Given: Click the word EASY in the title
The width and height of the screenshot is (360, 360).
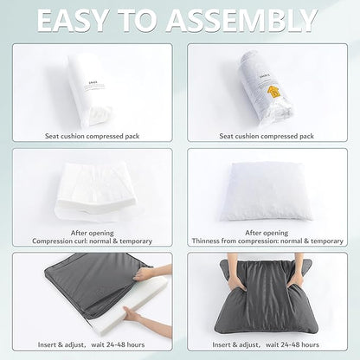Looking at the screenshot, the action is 72,21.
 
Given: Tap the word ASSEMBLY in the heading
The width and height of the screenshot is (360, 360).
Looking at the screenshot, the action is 241,21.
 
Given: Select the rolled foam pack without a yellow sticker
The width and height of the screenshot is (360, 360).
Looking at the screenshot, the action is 90,91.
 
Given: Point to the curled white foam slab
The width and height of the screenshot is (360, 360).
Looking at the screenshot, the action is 95,191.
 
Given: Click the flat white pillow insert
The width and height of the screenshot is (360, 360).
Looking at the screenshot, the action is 266,192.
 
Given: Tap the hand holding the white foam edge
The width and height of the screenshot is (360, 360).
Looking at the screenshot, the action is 132,313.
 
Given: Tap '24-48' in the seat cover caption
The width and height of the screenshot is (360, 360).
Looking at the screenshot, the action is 116,344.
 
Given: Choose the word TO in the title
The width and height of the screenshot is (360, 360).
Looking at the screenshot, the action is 136,21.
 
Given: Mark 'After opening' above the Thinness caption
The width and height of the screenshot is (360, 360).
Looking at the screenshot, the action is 267,233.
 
